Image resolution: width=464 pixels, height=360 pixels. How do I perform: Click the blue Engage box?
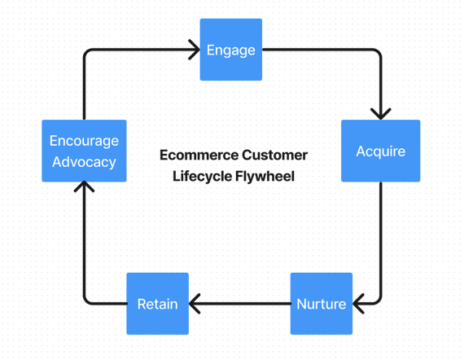click(231, 50)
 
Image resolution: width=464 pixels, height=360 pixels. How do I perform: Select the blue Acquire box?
click(380, 151)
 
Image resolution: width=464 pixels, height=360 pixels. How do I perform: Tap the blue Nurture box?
click(321, 304)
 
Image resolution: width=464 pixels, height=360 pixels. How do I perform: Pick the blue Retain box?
click(157, 304)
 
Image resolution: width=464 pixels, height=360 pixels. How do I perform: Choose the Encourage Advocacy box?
click(84, 151)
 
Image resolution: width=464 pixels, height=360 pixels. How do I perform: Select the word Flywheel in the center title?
click(265, 175)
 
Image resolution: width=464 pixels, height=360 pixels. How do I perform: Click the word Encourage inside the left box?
click(84, 142)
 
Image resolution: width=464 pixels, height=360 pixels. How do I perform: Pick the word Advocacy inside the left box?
click(84, 161)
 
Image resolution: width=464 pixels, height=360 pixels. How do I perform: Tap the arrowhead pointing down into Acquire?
click(380, 113)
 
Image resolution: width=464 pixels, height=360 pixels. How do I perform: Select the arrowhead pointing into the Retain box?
click(195, 304)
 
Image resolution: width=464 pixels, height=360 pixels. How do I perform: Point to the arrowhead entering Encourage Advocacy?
click(84, 188)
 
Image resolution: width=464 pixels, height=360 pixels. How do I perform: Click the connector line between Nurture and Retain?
click(240, 304)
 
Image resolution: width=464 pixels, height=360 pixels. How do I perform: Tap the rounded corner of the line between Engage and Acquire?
click(377, 54)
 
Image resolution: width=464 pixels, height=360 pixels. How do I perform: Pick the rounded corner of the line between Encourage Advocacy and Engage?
click(87, 54)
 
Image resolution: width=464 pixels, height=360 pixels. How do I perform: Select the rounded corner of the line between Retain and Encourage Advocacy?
click(87, 301)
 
